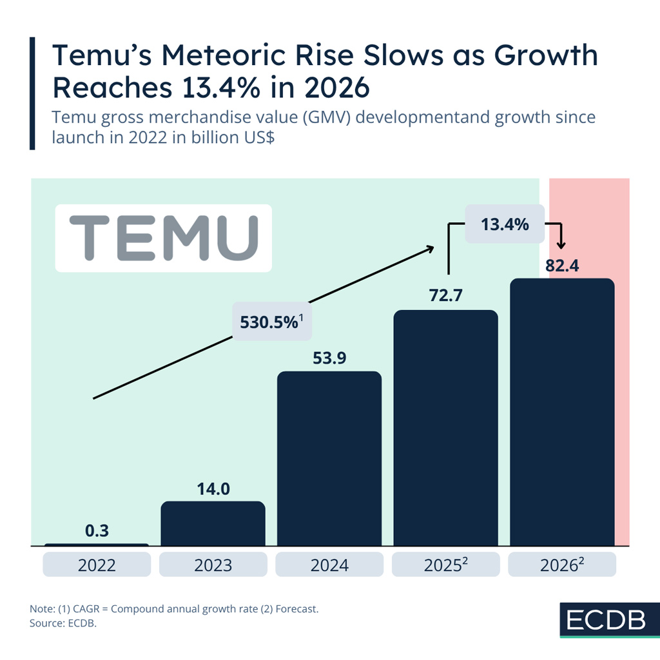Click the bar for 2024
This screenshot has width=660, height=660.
click(329, 458)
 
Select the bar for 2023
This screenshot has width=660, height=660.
click(213, 523)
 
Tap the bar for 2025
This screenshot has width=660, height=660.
click(445, 428)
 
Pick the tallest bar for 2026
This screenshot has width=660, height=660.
click(562, 412)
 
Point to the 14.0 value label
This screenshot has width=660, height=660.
click(213, 489)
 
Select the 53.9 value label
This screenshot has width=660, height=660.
click(329, 358)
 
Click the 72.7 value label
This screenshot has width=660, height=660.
click(445, 296)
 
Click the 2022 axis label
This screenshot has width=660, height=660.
click(97, 565)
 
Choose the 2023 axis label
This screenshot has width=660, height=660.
click(213, 565)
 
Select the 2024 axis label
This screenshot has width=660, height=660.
click(329, 565)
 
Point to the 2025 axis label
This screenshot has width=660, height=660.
click(445, 565)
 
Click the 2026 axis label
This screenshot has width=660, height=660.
click(562, 565)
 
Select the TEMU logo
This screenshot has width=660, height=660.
click(163, 238)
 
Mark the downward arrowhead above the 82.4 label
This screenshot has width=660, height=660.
click(561, 245)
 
